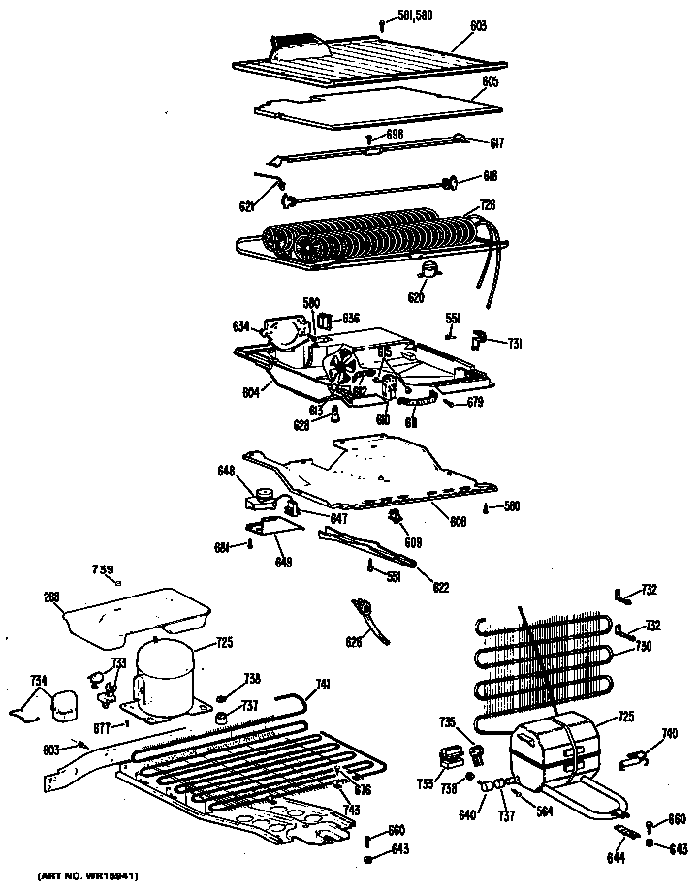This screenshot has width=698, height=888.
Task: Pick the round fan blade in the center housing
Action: pos(339,369)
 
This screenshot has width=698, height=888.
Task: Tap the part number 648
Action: pos(227,472)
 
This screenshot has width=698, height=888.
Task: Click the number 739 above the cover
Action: pos(102,568)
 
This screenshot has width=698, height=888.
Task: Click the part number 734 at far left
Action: pos(38,682)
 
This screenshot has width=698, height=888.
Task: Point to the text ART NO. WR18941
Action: pos(87,876)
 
